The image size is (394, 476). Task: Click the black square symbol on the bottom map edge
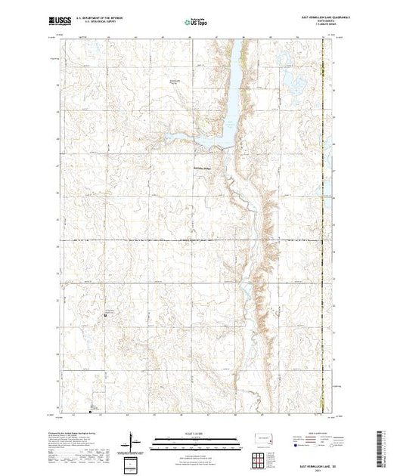point(91,413)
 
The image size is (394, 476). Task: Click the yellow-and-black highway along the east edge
point(323,227)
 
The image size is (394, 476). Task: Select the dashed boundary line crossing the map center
point(189,242)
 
